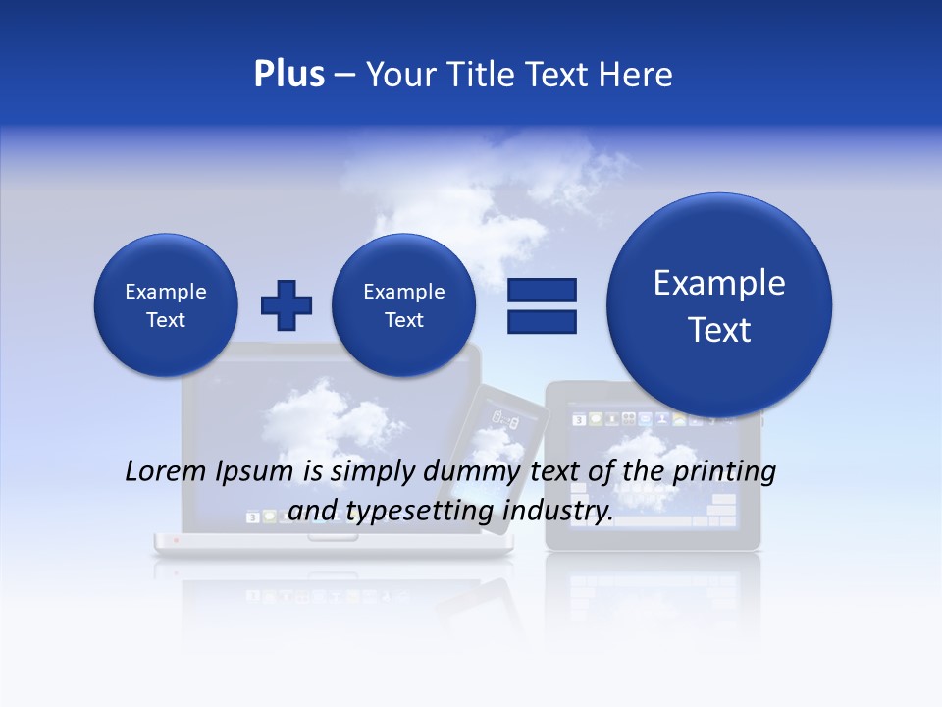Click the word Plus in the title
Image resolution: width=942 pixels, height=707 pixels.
pyautogui.click(x=288, y=75)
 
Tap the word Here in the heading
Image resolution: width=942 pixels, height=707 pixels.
pyautogui.click(x=636, y=75)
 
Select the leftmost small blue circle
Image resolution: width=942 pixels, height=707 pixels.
pyautogui.click(x=165, y=305)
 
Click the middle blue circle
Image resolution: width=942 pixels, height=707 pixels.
pyautogui.click(x=403, y=305)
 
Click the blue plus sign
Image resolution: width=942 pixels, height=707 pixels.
pyautogui.click(x=287, y=305)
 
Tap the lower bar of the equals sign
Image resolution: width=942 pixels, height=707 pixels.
pyautogui.click(x=541, y=320)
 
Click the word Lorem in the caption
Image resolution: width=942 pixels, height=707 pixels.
pyautogui.click(x=165, y=471)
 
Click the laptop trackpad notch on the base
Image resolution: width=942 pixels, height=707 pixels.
pyautogui.click(x=333, y=538)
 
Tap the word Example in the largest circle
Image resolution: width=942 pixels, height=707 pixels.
pyautogui.click(x=719, y=283)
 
